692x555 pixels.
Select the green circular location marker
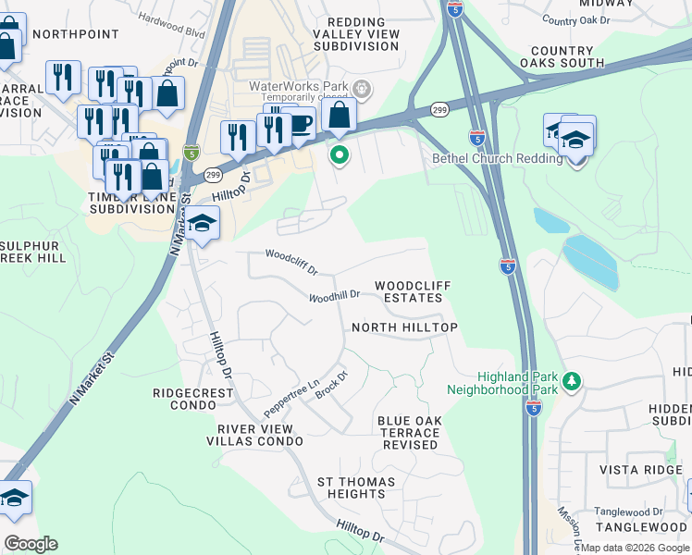(340, 155)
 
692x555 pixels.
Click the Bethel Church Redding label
(497, 158)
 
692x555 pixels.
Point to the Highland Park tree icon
(572, 380)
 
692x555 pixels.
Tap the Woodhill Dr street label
(334, 297)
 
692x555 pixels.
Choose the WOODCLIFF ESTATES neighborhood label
(412, 292)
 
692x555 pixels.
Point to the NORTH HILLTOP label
(404, 328)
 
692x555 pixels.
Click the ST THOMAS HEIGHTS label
(356, 487)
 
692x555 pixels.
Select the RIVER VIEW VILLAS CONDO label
(255, 435)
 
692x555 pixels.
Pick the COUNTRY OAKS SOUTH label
(567, 57)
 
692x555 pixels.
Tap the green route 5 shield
(192, 152)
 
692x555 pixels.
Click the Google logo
(31, 544)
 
